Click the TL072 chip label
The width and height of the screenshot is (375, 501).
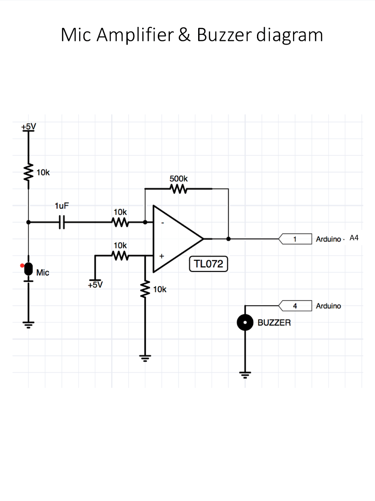point(208,264)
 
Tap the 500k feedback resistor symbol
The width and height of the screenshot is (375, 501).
point(178,189)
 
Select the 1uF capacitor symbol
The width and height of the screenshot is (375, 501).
point(62,222)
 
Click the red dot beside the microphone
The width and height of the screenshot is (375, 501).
point(22,265)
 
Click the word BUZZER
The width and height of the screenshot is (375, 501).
point(274,322)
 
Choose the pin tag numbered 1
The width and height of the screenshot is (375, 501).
point(294,239)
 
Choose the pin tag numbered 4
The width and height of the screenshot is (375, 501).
point(294,306)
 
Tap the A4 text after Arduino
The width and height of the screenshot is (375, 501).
point(354,238)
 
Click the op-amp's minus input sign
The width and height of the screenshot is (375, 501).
point(162,222)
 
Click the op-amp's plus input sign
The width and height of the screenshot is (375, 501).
point(162,256)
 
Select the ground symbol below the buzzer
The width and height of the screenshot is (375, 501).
point(245,374)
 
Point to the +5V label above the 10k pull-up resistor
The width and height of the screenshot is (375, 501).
point(28,126)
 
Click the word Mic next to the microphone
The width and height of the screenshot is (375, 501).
point(43,273)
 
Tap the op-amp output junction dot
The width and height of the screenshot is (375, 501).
point(228,239)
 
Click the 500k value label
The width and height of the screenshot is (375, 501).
point(179,179)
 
